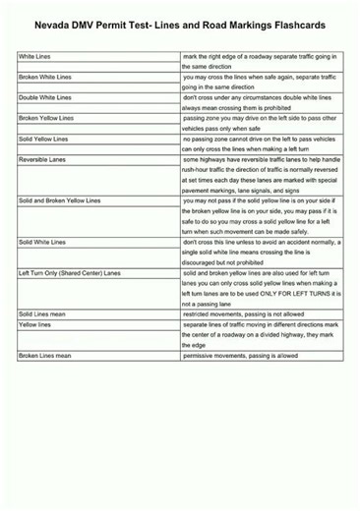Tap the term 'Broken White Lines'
coord(44,77)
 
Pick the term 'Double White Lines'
coord(44,98)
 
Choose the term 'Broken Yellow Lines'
coord(46,119)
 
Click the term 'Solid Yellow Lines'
coord(43,139)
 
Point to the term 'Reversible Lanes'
coord(41,159)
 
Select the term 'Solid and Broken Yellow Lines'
coord(59,200)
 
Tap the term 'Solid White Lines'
coord(42,242)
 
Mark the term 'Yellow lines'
coord(35,324)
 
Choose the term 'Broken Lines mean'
coord(44,356)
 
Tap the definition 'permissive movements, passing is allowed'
coord(241,356)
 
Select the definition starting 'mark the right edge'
coord(261,57)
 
